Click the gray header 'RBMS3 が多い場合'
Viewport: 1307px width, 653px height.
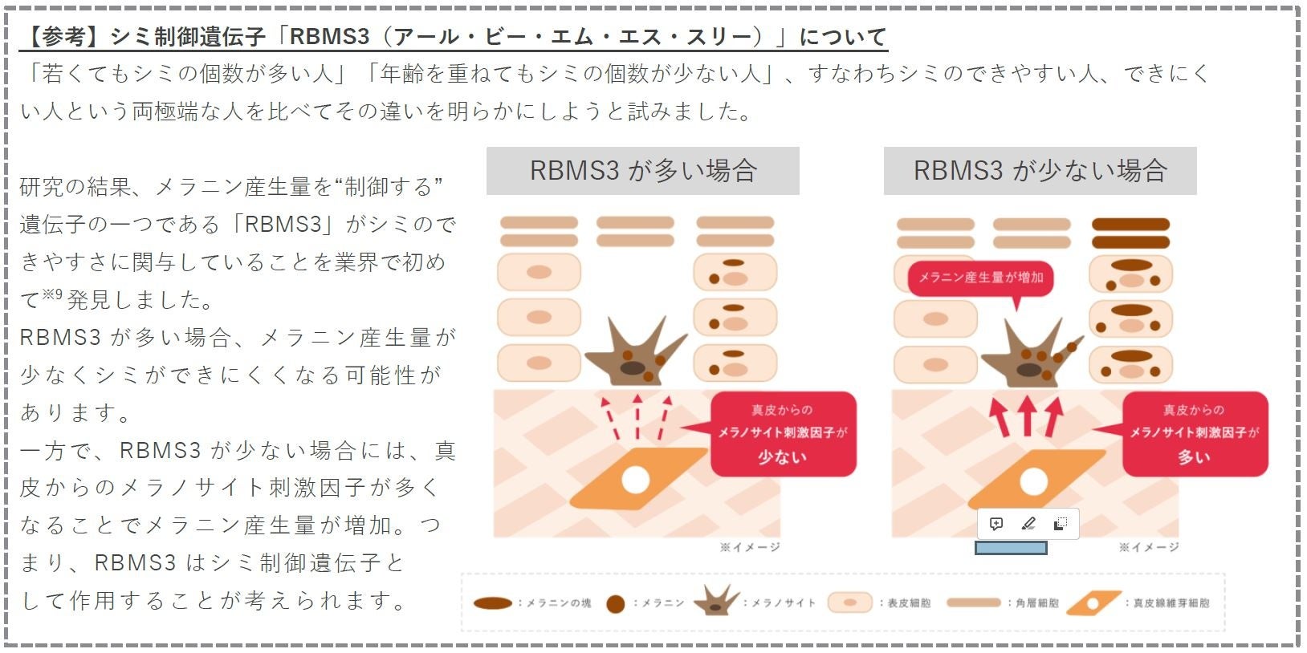[x=642, y=171]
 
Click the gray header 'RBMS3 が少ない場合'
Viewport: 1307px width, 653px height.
[x=1040, y=171]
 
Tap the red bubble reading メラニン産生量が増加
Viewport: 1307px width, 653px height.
[x=980, y=278]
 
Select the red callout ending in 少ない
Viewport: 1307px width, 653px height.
[x=784, y=434]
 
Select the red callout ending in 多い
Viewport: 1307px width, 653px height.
[x=1195, y=434]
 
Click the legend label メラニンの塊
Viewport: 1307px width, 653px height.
[x=559, y=603]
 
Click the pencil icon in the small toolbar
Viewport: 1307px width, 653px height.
[x=1028, y=524]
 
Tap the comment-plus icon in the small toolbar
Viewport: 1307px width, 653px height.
[x=996, y=524]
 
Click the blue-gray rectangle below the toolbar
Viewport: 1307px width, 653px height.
[x=1011, y=548]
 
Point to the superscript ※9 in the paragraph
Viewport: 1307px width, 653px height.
[x=52, y=295]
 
